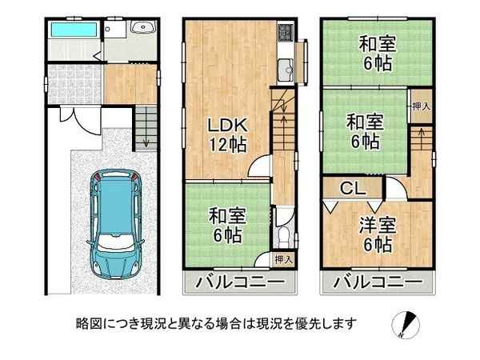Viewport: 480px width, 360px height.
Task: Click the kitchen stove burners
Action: [x=286, y=34]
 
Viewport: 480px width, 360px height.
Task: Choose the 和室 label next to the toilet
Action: [x=226, y=216]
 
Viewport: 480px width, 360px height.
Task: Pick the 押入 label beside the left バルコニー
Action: [x=282, y=259]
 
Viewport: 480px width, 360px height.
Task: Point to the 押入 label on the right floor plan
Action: [x=419, y=106]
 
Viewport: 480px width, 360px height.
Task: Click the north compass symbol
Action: [x=406, y=325]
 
